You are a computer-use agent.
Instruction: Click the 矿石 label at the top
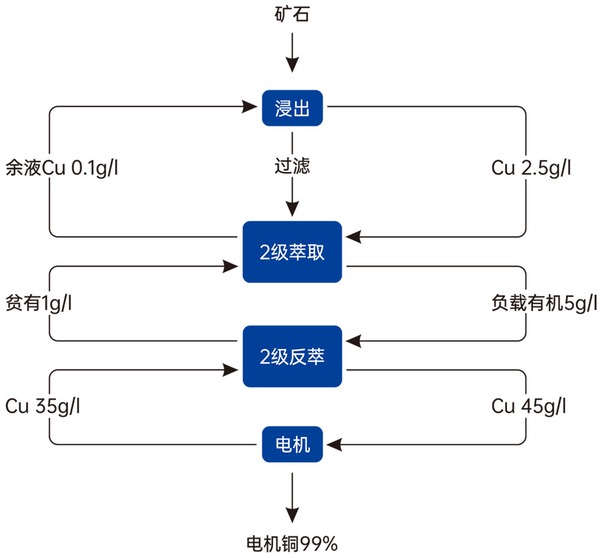coord(292,14)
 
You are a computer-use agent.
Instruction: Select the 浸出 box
coord(292,108)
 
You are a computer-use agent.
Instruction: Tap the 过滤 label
coord(292,166)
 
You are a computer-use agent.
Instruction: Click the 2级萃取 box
coord(292,252)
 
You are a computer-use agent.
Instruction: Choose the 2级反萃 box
coord(292,356)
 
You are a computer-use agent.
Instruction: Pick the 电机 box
coord(292,445)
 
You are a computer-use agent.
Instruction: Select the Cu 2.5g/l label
coord(530,168)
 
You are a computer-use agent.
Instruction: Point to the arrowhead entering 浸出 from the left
coord(251,107)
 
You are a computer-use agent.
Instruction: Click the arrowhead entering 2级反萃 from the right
coord(352,341)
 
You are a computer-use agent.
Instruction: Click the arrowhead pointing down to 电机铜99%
coord(292,515)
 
